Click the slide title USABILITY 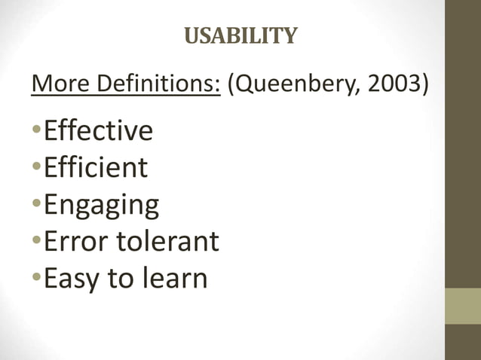tap(241, 35)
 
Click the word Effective tap(98, 131)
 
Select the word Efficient tap(95, 167)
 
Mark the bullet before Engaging tap(37, 205)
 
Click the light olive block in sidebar tap(462, 306)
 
